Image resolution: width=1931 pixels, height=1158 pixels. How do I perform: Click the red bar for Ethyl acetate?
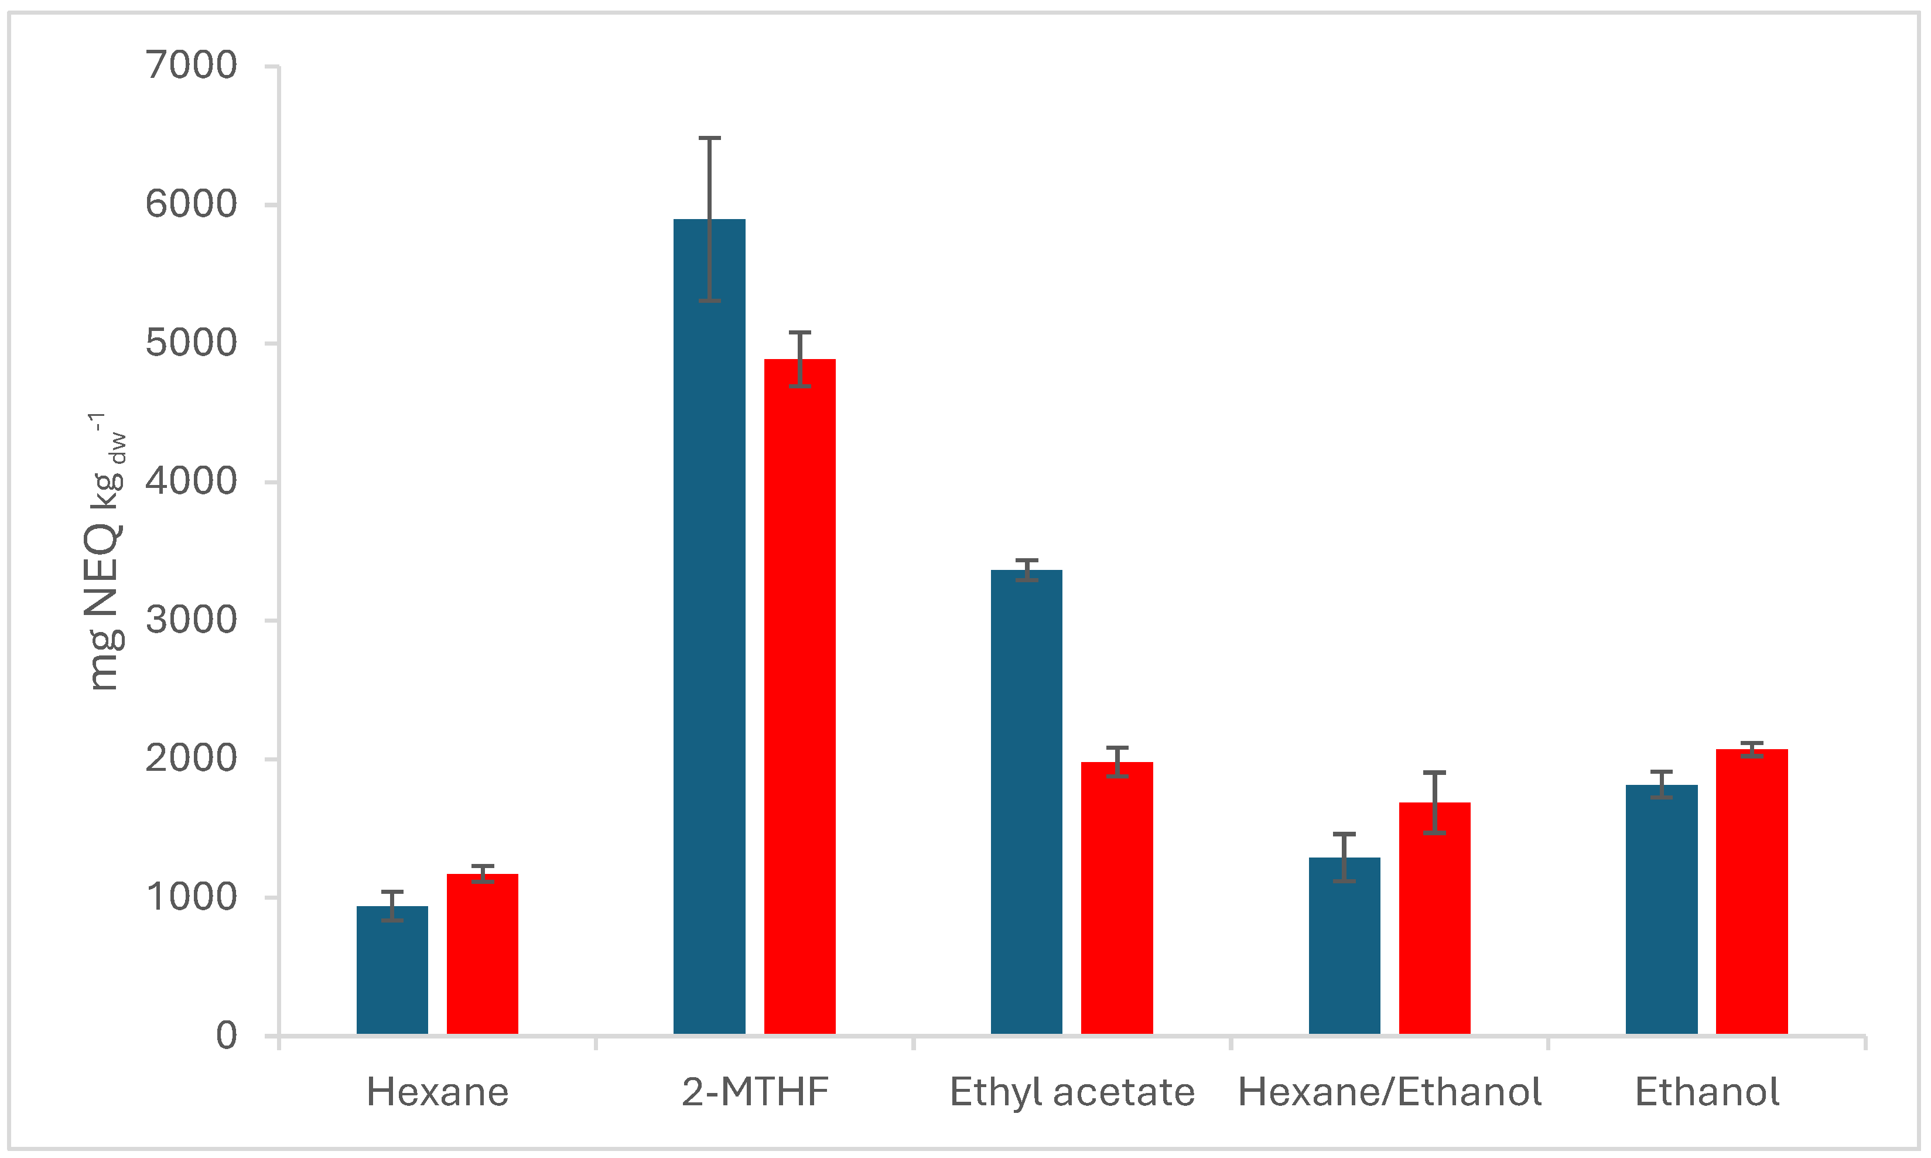click(1117, 898)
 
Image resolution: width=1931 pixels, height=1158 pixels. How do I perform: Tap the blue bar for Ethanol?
click(1662, 910)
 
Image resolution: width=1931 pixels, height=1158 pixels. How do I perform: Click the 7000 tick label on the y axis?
click(191, 66)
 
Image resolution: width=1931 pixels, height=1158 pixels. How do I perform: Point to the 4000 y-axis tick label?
click(191, 481)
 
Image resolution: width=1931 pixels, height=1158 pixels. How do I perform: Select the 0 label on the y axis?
click(226, 1036)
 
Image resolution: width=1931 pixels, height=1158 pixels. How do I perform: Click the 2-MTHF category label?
click(755, 1092)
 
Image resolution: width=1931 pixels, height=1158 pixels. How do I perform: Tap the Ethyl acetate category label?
click(1072, 1092)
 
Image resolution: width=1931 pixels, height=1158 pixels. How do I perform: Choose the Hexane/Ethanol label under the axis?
click(1390, 1092)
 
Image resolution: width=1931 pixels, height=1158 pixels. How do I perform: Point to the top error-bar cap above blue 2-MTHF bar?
click(709, 138)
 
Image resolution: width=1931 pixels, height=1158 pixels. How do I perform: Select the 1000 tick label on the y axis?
click(191, 897)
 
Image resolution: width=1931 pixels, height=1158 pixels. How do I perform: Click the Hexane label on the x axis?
click(438, 1092)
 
